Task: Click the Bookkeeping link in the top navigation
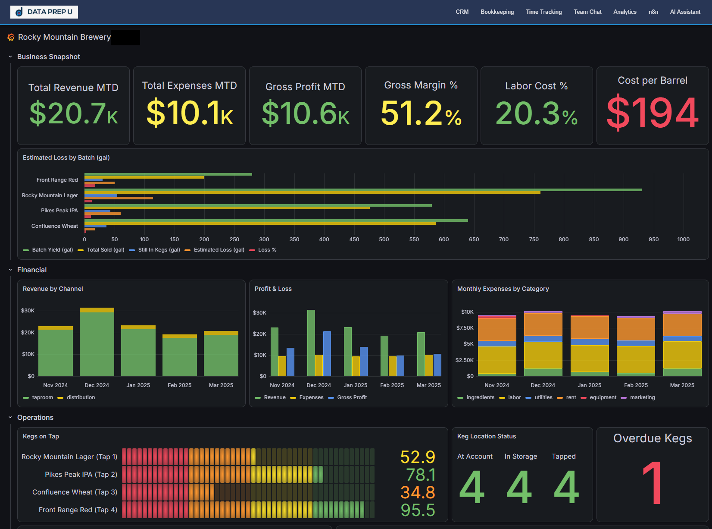(497, 12)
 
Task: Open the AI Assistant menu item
(685, 12)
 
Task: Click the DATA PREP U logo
(44, 12)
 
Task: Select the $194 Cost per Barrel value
(652, 113)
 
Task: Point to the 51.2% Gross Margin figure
(421, 113)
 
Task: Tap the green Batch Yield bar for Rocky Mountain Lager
(363, 190)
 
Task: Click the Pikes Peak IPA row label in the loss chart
(59, 211)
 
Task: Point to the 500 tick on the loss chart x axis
(384, 239)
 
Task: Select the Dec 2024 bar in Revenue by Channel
(97, 342)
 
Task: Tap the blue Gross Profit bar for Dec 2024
(327, 354)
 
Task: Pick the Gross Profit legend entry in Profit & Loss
(347, 397)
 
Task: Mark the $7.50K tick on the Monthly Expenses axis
(465, 328)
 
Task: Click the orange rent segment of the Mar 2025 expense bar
(682, 325)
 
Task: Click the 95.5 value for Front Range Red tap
(418, 510)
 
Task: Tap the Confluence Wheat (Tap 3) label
(75, 492)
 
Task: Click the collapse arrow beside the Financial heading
(10, 270)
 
